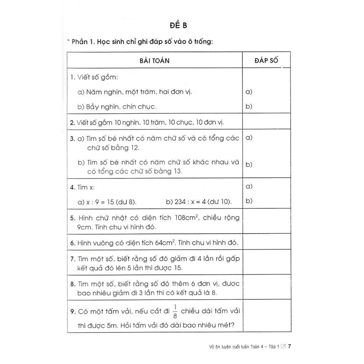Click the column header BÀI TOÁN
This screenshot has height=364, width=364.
(154, 60)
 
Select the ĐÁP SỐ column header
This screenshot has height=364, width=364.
(266, 60)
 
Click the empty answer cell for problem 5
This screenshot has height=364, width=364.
(266, 222)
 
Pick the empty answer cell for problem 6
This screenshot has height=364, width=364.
(266, 243)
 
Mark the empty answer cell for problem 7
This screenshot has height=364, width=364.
(266, 263)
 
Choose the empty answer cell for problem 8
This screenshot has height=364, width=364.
(266, 288)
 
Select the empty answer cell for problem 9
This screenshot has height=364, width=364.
(266, 316)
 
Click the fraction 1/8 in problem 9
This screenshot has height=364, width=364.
(175, 311)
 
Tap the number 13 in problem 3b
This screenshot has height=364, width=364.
(176, 171)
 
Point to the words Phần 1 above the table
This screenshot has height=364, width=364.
(83, 42)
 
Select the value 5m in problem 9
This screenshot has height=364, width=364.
(107, 325)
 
